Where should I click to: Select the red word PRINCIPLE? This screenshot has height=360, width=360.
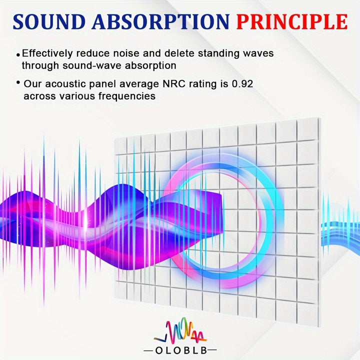click(x=291, y=22)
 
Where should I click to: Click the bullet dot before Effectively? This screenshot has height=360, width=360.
click(x=18, y=54)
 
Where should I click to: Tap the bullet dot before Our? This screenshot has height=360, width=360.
click(x=18, y=82)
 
